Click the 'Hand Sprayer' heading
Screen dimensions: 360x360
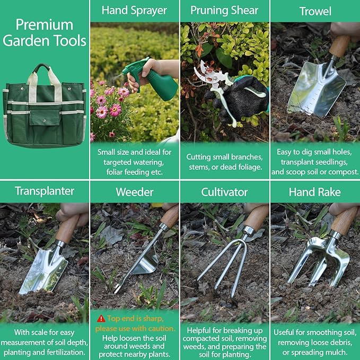coord(134,10)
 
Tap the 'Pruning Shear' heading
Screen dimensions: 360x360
coord(224,10)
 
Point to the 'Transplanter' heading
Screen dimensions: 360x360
coord(45,191)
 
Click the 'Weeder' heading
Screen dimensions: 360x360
coord(134,191)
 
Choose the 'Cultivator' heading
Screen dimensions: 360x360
coord(224,191)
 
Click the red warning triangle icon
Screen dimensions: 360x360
coord(100,318)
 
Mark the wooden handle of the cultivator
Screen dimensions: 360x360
coord(257,217)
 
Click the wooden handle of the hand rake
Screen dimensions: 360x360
coord(345,221)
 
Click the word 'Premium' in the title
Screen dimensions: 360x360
coord(45,24)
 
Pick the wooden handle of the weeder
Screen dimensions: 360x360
coord(170,216)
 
